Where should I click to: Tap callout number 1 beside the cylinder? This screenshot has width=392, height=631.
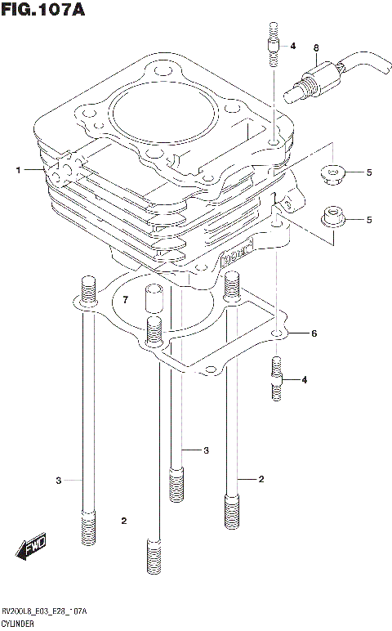[x=16, y=170]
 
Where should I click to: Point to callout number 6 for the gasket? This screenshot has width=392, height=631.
[x=314, y=333]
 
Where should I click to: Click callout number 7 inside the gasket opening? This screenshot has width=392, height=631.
[x=125, y=301]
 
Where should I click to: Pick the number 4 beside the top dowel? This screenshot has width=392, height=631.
[x=292, y=46]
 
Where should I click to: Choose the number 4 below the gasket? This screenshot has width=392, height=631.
[x=304, y=380]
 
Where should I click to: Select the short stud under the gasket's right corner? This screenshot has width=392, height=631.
[x=276, y=378]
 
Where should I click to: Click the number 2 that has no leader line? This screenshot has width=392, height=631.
[x=124, y=521]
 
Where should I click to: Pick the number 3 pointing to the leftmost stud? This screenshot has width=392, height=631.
[x=59, y=480]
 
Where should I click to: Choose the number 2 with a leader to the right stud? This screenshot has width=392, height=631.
[x=261, y=478]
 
